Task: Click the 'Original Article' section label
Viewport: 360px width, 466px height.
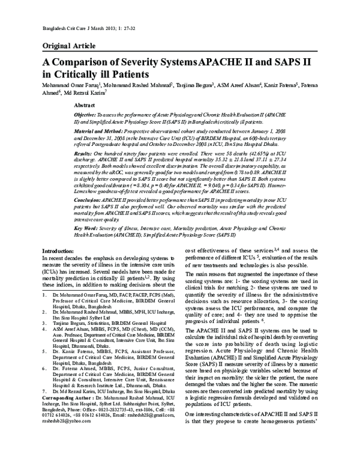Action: coord(67,46)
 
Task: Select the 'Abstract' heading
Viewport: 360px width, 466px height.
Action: coord(84,104)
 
